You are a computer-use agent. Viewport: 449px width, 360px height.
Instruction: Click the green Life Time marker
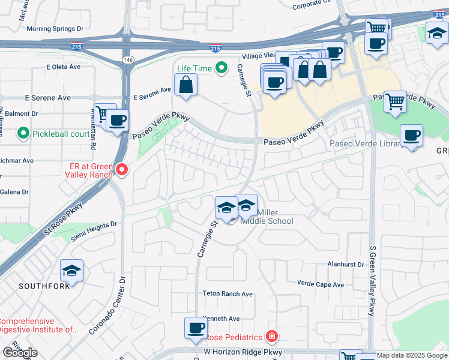point(221,68)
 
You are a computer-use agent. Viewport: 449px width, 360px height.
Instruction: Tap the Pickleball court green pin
point(23,132)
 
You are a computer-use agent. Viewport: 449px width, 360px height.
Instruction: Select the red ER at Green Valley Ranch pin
point(122,170)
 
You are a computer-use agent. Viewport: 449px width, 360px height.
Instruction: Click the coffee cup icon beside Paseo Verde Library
point(411,135)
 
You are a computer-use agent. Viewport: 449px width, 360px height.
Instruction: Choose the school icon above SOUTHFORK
point(71,271)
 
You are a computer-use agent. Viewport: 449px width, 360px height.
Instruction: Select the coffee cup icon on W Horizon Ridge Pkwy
point(196,328)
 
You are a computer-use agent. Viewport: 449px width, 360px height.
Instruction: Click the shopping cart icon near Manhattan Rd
point(104,113)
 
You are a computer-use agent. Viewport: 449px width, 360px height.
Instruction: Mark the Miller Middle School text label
point(267,217)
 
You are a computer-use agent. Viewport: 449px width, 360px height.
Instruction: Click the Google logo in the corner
point(20,353)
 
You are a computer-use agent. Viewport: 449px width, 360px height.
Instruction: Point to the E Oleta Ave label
point(67,67)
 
